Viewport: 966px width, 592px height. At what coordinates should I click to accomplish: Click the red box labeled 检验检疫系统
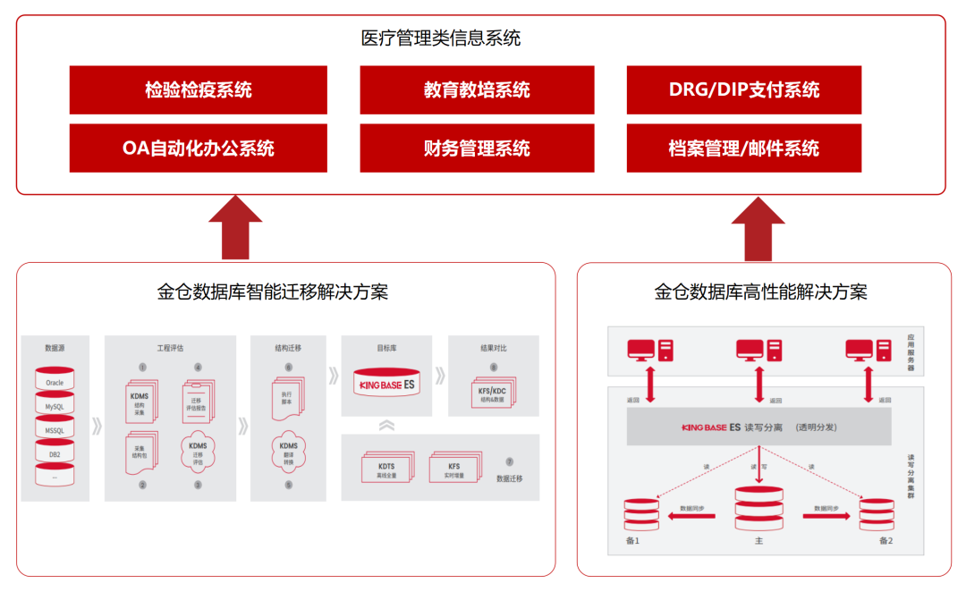198,89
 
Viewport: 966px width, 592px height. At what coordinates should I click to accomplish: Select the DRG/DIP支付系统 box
743,89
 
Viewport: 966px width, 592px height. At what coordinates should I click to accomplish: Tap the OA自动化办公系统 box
198,148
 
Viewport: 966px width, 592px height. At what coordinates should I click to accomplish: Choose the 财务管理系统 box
477,148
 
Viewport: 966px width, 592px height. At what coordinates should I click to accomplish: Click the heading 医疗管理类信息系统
440,38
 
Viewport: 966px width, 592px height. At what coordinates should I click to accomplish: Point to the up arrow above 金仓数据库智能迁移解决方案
235,227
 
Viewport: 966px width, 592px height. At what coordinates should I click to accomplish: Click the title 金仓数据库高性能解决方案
760,292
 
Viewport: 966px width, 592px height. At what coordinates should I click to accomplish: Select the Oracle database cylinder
55,381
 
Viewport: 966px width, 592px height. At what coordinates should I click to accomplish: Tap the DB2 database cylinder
55,453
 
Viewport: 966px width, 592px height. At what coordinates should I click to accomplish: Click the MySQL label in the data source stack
55,406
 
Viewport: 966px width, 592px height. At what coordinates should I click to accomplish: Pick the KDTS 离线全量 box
386,469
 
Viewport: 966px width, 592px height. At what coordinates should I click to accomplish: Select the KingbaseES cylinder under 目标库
386,384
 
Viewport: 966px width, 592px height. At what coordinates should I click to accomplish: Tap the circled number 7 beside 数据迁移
509,461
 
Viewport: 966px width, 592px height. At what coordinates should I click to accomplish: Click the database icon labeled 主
758,508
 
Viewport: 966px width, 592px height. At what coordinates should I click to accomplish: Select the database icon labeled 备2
877,514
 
